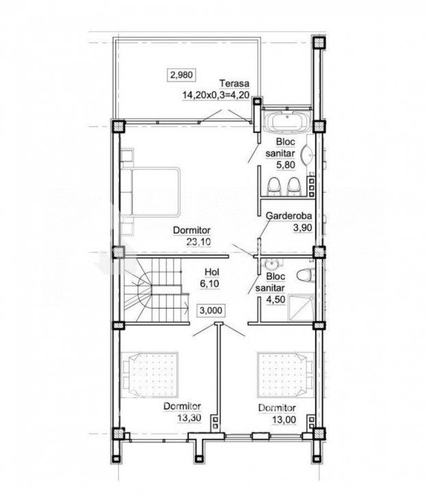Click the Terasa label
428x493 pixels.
pos(235,84)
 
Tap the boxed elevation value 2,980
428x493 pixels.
pos(181,75)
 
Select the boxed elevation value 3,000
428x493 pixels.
pos(211,310)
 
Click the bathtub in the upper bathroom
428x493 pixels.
pos(287,121)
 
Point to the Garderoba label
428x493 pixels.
pos(289,216)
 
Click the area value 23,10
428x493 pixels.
pos(198,242)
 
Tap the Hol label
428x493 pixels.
pos(212,272)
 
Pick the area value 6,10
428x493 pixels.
pos(209,283)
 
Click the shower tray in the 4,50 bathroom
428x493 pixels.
pos(302,307)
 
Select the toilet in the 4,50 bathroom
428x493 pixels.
pos(305,276)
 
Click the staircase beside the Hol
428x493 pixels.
pos(156,290)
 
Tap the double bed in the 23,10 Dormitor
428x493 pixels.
pos(150,192)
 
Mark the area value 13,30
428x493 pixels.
pos(189,418)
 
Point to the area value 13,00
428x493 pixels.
pos(284,420)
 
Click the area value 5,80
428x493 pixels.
pos(285,165)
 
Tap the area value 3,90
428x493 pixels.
pos(302,227)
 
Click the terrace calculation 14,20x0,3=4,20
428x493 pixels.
pos(216,95)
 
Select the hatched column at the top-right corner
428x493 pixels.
pos(319,42)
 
